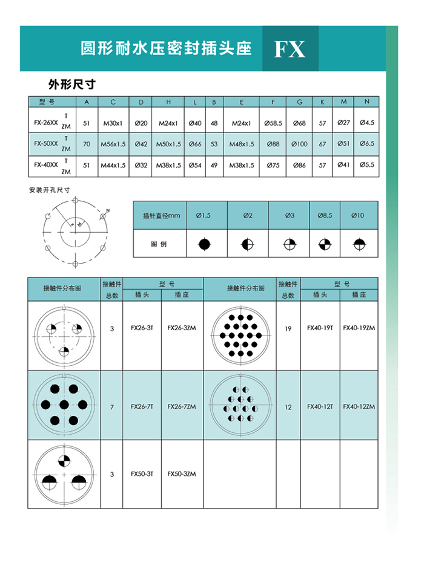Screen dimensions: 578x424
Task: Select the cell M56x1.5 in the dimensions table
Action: tap(113, 144)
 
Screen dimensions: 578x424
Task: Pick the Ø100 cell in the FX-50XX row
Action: tap(299, 144)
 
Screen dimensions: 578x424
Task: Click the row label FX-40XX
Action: tap(46, 164)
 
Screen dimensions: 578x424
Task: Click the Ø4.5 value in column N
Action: tap(366, 123)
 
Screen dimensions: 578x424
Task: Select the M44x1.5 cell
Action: tap(113, 165)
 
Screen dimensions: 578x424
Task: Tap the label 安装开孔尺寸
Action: tap(50, 190)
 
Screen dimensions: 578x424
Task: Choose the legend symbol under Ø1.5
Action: tap(206, 244)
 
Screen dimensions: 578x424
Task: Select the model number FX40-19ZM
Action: tap(359, 328)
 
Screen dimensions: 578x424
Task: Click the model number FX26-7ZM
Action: tap(182, 407)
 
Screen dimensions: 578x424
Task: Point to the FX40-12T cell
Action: tap(320, 407)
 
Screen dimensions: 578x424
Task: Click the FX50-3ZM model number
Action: tap(182, 474)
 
